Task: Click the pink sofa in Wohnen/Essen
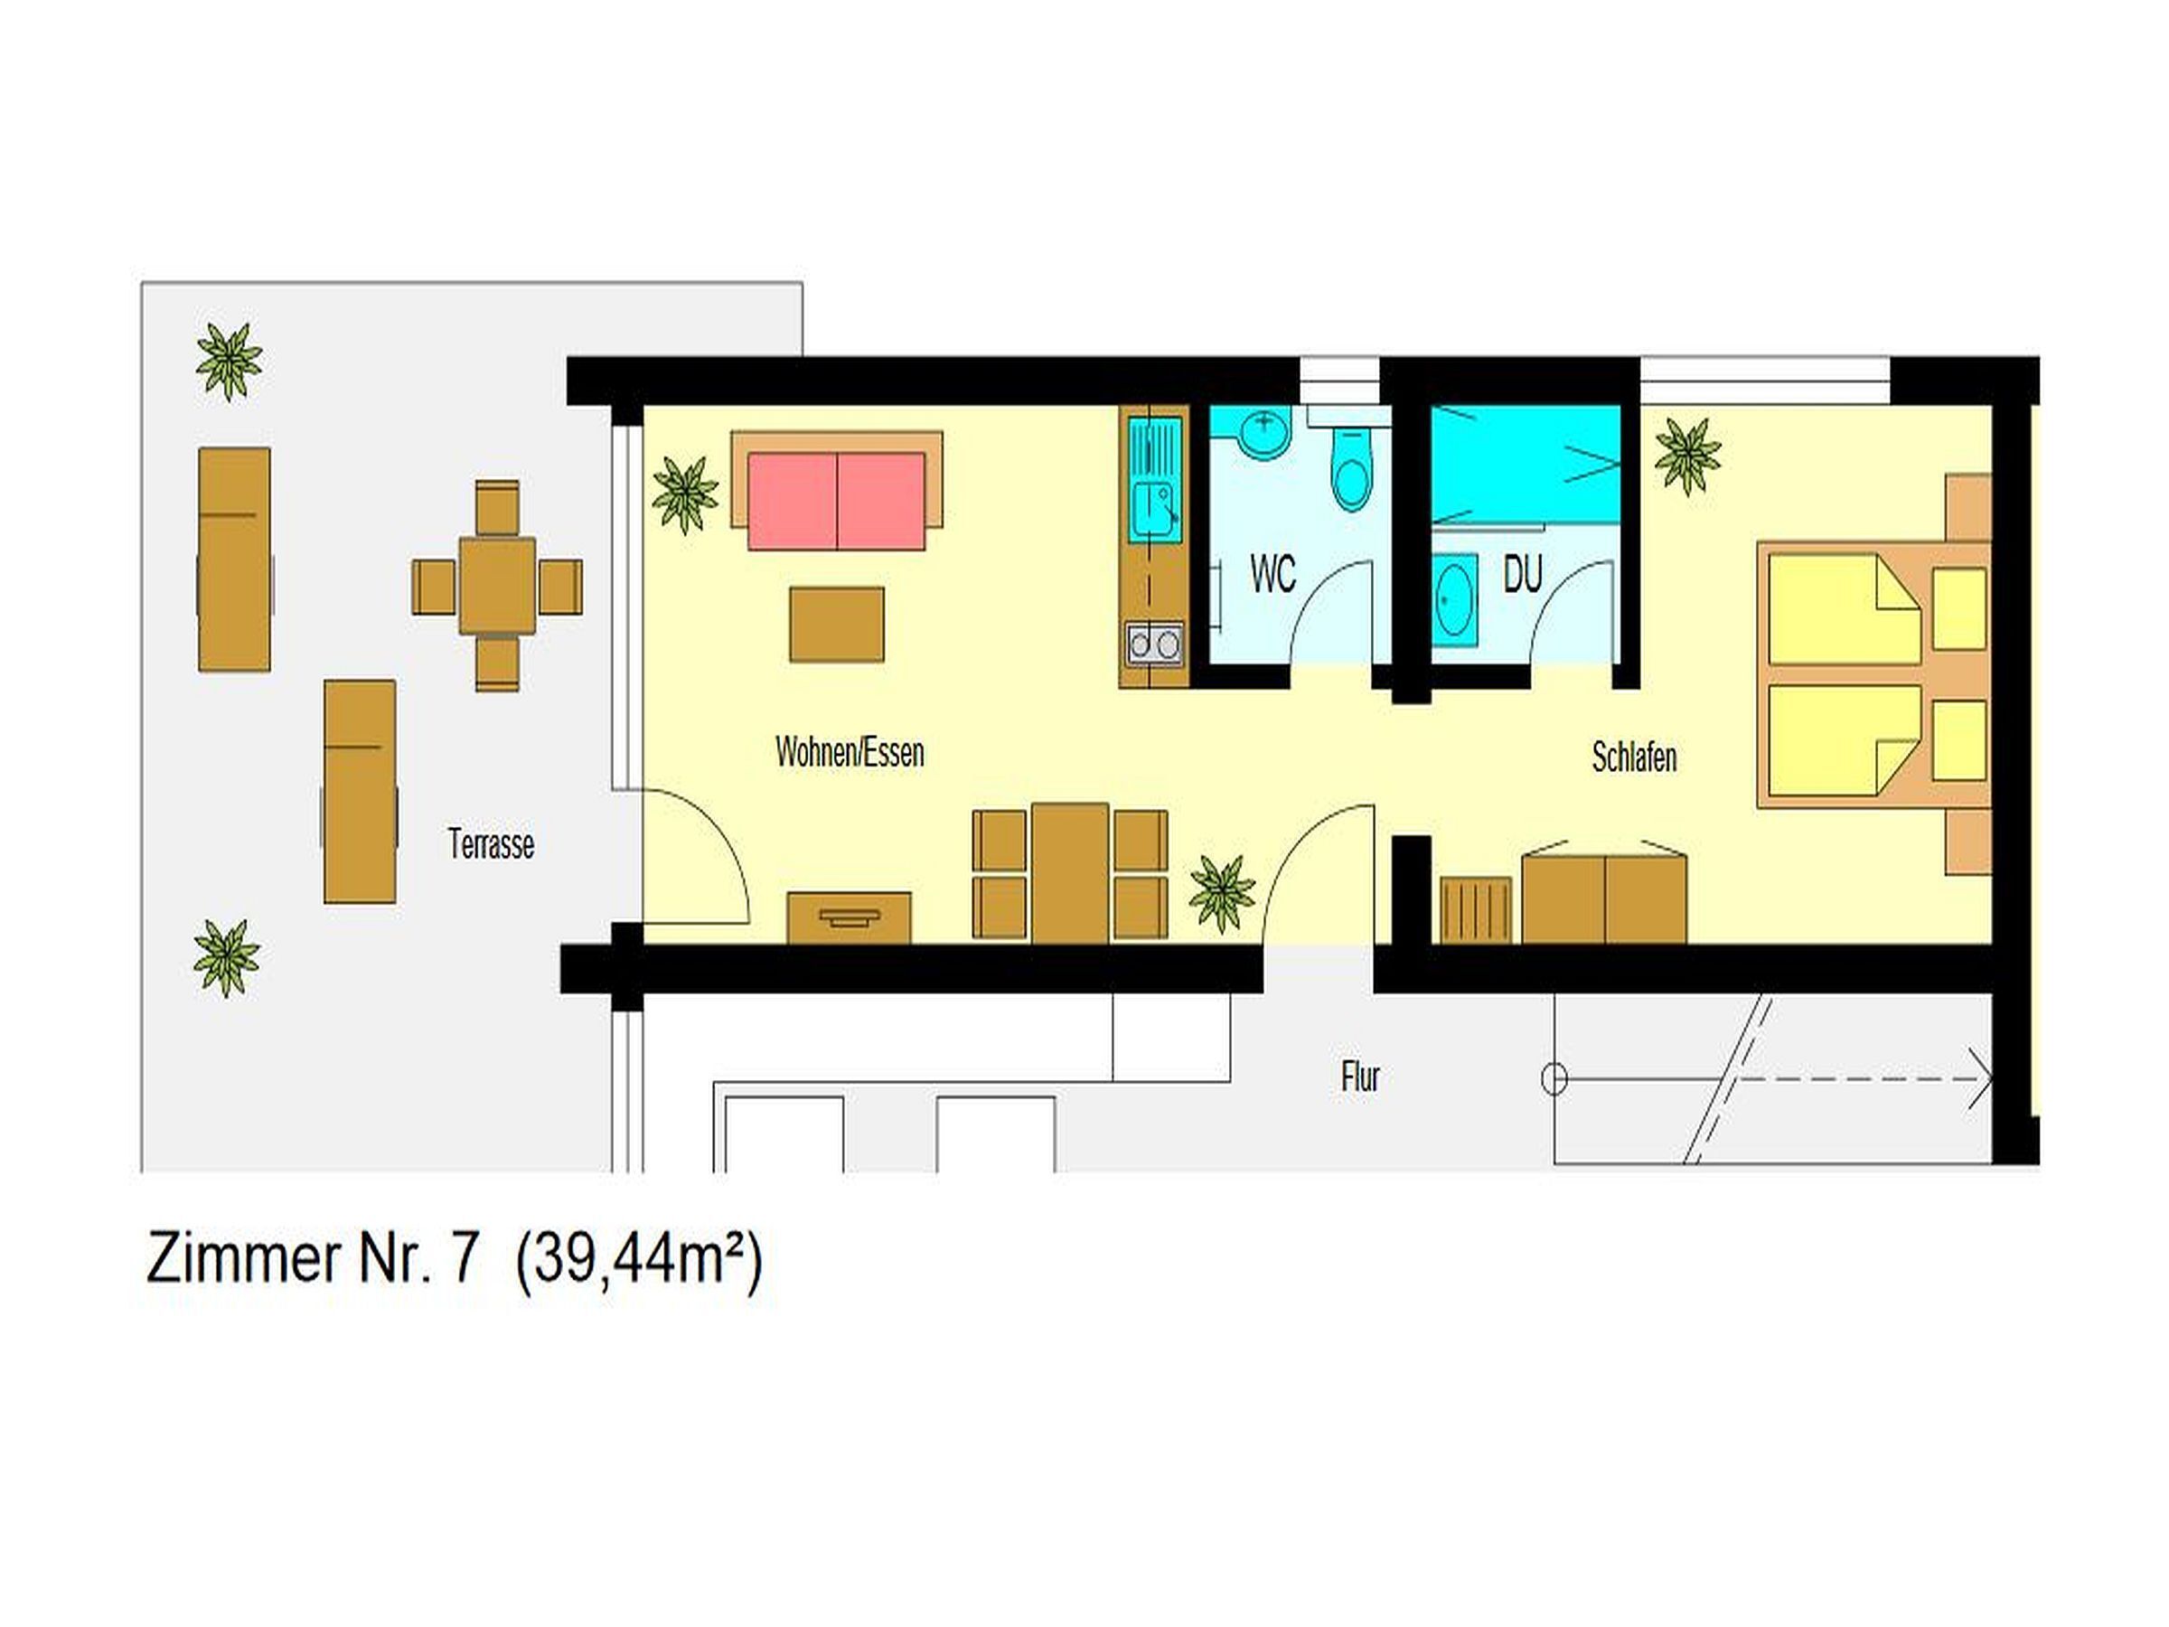[x=835, y=500]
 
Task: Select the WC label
[x=1272, y=575]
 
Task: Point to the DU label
[x=1522, y=575]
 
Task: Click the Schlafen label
[x=1634, y=757]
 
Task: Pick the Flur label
[x=1360, y=1077]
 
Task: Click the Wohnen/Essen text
[x=850, y=752]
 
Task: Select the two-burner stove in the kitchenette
[x=1154, y=644]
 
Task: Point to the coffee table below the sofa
[x=836, y=625]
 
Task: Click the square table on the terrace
[x=497, y=587]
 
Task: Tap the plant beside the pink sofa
[x=684, y=494]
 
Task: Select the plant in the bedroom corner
[x=1687, y=456]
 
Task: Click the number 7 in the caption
[x=464, y=1260]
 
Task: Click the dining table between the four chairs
[x=1070, y=873]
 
